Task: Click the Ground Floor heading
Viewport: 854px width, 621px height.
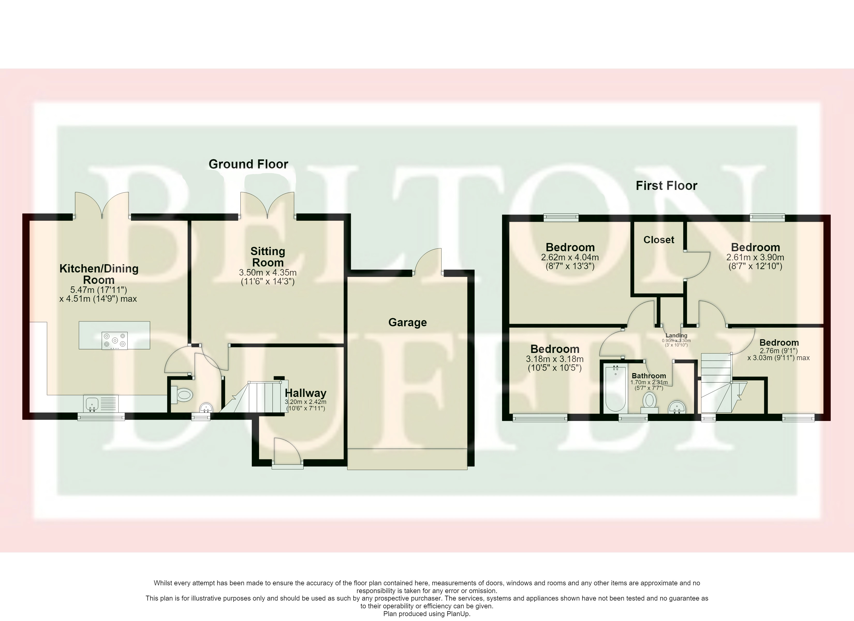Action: (248, 164)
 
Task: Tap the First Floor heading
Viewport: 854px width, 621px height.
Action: (666, 186)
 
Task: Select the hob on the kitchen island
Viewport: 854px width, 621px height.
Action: (114, 341)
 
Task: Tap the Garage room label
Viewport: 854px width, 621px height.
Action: (407, 322)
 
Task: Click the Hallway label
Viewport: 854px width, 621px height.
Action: (305, 393)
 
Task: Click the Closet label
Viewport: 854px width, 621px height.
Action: (659, 240)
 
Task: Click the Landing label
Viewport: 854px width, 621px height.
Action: (676, 336)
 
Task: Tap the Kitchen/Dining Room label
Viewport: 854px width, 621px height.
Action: (99, 274)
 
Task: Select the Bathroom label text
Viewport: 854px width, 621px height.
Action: (649, 376)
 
